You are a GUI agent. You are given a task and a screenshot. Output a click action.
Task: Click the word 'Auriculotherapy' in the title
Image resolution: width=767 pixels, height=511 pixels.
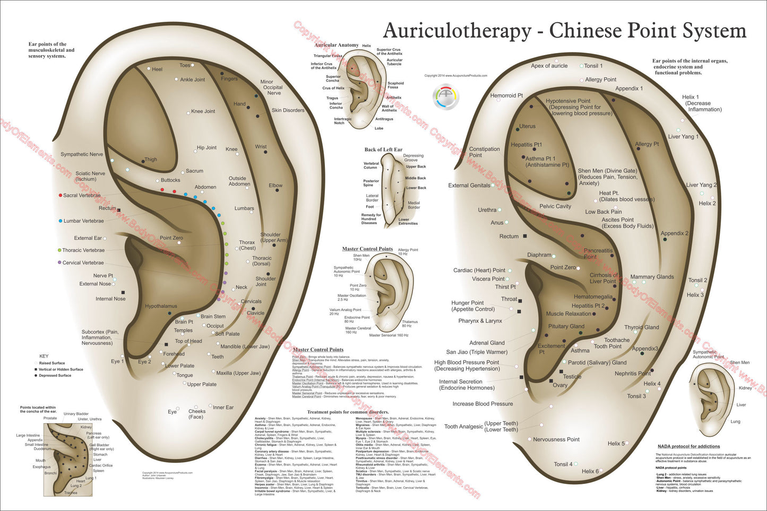click(456, 31)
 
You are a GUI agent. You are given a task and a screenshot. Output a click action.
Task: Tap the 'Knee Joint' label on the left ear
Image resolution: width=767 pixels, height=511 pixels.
click(203, 111)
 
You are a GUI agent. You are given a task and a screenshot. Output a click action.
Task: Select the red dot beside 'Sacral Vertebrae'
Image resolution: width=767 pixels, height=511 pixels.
click(61, 195)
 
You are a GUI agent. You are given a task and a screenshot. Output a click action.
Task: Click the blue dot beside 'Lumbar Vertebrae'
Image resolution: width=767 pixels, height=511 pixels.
click(61, 221)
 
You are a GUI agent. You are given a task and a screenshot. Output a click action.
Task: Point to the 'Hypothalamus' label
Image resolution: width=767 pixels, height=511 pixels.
click(161, 306)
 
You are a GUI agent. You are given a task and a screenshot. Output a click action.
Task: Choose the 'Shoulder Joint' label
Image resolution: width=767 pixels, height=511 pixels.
click(265, 281)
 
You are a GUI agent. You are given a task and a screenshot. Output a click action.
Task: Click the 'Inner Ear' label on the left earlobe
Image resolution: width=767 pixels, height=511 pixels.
click(223, 407)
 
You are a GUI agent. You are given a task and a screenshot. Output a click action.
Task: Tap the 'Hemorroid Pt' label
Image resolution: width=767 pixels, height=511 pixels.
click(506, 96)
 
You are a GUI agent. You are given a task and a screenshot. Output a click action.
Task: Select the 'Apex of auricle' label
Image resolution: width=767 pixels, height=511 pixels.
click(549, 66)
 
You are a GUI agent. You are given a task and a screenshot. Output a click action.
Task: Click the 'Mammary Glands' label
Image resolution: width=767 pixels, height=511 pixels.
click(652, 277)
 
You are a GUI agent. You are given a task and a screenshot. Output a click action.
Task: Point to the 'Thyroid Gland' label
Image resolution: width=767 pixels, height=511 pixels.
click(641, 327)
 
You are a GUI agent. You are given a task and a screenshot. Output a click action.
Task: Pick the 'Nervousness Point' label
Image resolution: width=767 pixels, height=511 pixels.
click(556, 439)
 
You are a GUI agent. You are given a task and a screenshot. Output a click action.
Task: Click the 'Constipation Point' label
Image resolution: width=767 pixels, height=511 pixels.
click(484, 152)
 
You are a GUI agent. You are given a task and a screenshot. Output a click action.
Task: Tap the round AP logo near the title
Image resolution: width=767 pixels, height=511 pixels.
click(446, 97)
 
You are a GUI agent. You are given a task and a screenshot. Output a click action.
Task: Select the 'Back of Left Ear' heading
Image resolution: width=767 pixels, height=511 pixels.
click(383, 150)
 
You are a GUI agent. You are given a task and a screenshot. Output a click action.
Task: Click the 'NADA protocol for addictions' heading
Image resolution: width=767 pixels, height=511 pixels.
click(688, 446)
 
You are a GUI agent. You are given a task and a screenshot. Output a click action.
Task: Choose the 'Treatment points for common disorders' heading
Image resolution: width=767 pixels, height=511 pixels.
click(348, 412)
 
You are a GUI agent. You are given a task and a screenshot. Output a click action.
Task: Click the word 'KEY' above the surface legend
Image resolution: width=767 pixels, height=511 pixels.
click(44, 356)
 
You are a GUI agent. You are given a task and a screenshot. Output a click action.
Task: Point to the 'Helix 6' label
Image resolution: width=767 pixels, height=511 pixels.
click(590, 471)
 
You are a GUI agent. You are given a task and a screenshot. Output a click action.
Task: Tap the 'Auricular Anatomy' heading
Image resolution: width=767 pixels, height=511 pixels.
click(337, 46)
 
